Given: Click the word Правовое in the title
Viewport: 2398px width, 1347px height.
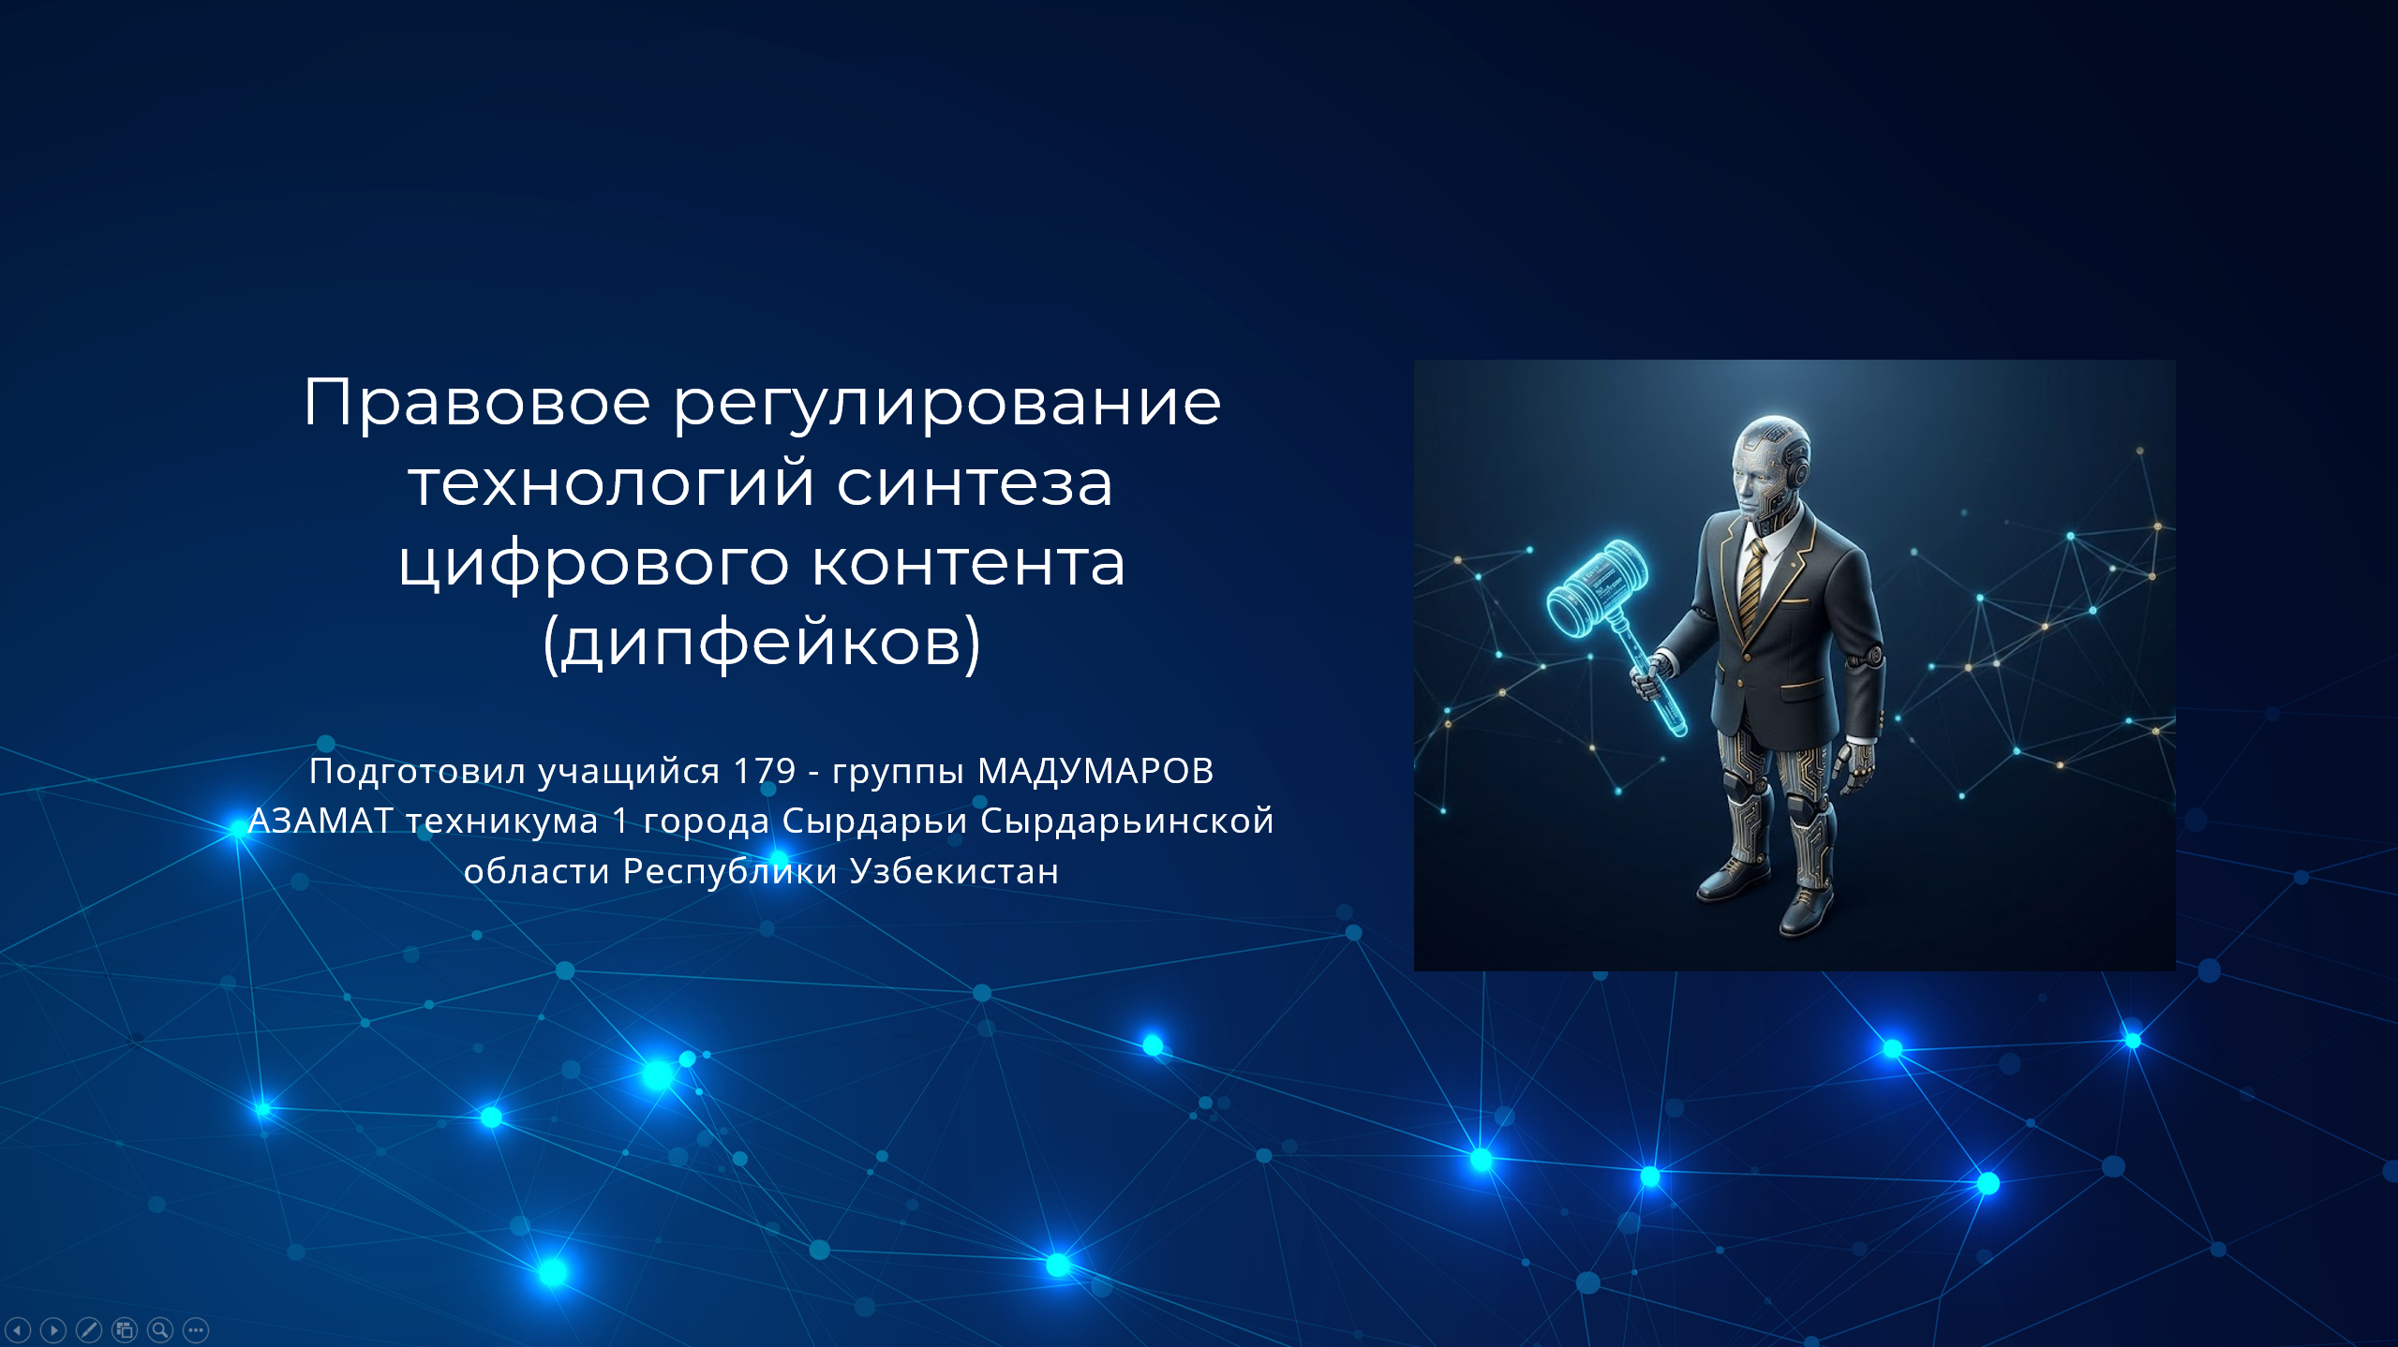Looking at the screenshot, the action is [477, 403].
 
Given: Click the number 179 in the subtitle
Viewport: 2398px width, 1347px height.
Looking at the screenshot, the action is [765, 771].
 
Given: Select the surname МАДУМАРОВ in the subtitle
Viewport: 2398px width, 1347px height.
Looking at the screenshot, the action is [1095, 771].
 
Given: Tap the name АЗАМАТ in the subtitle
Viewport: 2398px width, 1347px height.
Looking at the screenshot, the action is [320, 821].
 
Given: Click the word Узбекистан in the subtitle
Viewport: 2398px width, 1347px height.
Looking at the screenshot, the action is [954, 871].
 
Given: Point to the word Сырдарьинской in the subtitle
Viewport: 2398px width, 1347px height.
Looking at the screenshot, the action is [1127, 822].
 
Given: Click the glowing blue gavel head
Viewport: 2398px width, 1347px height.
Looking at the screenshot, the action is [1599, 587].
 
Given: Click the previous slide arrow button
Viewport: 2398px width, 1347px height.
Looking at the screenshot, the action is [18, 1329].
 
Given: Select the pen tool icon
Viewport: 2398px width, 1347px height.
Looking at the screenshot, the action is [89, 1329].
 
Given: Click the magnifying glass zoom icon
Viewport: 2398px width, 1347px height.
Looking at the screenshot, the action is [160, 1329].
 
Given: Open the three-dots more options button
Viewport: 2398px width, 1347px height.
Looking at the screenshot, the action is [196, 1329].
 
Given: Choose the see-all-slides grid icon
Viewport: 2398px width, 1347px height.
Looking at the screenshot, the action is [125, 1329].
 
